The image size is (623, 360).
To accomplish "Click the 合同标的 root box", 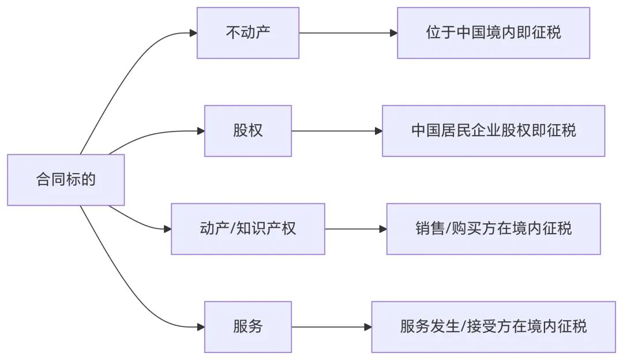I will pyautogui.click(x=66, y=180).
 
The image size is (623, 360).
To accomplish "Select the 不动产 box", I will pyautogui.click(x=248, y=33).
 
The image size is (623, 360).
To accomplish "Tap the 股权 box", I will pyautogui.click(x=248, y=131).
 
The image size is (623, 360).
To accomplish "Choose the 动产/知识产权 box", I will pyautogui.click(x=248, y=229).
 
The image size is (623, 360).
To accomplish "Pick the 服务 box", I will pyautogui.click(x=248, y=327).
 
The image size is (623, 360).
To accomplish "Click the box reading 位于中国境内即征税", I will pyautogui.click(x=493, y=33).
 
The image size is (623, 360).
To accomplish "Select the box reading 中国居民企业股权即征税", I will pyautogui.click(x=493, y=131).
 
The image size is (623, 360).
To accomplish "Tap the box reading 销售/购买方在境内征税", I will pyautogui.click(x=493, y=229).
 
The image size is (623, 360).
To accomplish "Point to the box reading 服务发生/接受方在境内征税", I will pyautogui.click(x=493, y=327).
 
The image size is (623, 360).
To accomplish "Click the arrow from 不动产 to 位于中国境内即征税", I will pyautogui.click(x=346, y=33).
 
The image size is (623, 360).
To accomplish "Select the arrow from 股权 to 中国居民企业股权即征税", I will pyautogui.click(x=335, y=131).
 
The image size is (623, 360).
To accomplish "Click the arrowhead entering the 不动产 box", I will pyautogui.click(x=193, y=33).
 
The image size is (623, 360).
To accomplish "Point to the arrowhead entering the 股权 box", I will pyautogui.click(x=201, y=131).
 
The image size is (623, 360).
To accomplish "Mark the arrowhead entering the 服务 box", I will pyautogui.click(x=201, y=327).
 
